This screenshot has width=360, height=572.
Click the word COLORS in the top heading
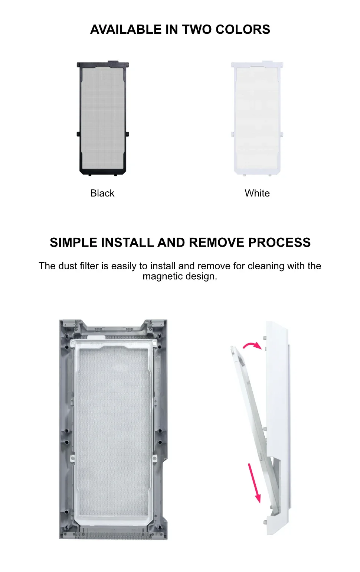243,29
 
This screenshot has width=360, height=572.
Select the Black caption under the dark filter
102,193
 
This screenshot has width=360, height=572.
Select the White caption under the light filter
257,193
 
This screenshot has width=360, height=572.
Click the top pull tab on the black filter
113,62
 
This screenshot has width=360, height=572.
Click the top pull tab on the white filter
267,62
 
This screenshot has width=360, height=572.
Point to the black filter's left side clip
78,134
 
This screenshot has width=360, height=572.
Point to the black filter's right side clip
127,134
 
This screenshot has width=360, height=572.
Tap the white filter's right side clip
282,134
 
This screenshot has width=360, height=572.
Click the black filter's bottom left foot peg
90,175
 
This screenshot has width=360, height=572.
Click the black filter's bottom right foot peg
115,175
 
